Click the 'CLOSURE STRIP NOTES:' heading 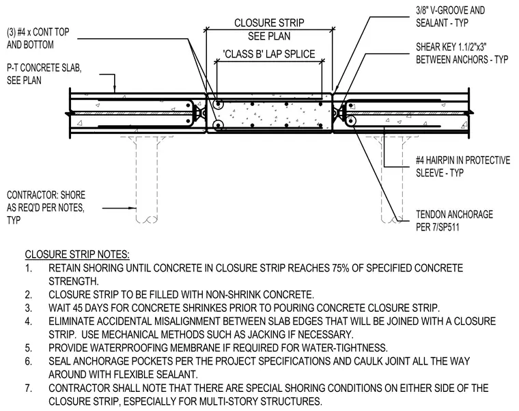(77, 254)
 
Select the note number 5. (29, 347)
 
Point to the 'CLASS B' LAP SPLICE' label (270, 54)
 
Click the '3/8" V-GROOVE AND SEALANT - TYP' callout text (451, 16)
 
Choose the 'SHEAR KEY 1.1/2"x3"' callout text (451, 47)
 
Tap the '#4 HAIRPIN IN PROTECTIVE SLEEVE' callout (463, 166)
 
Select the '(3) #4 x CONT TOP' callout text (38, 32)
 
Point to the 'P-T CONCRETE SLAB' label (44, 68)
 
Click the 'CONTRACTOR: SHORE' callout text (46, 195)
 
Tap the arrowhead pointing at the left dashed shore (134, 208)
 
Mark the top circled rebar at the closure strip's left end (218, 105)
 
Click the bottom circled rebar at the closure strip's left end (218, 125)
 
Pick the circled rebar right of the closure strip (350, 121)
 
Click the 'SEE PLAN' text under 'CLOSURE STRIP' (269, 36)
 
